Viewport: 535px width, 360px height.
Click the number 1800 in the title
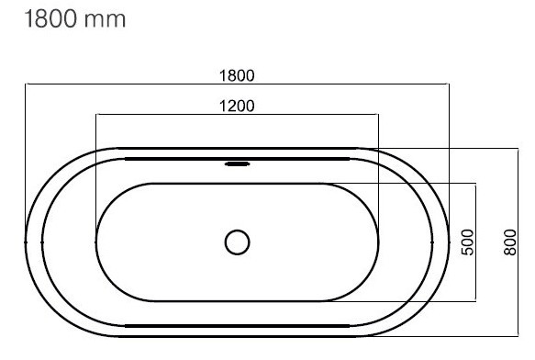pyautogui.click(x=50, y=18)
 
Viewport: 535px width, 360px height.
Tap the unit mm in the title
pyautogui.click(x=105, y=21)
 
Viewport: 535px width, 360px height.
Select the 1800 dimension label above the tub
pyautogui.click(x=237, y=75)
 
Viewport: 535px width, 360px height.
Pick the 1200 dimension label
pyautogui.click(x=237, y=106)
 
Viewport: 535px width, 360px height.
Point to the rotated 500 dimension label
pyautogui.click(x=467, y=242)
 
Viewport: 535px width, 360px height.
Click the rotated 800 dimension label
pyautogui.click(x=510, y=242)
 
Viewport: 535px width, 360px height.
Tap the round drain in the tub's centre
pyautogui.click(x=237, y=242)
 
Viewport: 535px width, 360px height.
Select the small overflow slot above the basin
pyautogui.click(x=237, y=164)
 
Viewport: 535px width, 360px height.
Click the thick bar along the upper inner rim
pyautogui.click(x=237, y=159)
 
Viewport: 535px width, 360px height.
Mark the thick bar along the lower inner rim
pyautogui.click(x=237, y=326)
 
